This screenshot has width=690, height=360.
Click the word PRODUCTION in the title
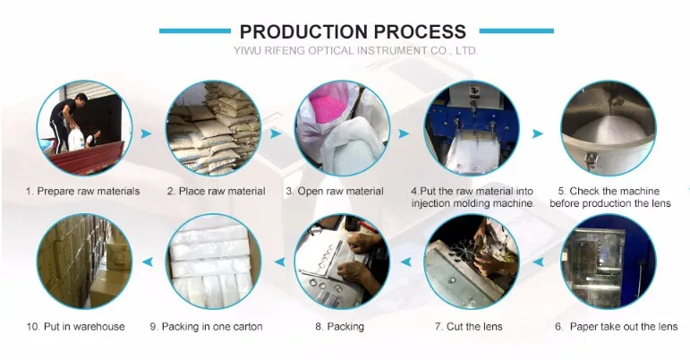pos(304,31)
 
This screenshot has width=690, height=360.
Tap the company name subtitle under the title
pos(355,51)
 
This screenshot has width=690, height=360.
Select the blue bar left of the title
pos(195,30)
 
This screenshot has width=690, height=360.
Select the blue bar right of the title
pos(516,30)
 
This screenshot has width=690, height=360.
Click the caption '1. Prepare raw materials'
pos(82,192)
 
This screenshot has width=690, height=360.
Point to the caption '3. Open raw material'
pos(335,192)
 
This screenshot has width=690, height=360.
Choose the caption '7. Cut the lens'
pos(468,327)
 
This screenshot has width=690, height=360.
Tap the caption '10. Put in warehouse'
pos(75,327)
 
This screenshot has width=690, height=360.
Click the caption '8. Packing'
pos(339,327)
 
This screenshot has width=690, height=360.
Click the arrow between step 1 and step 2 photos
pos(146,133)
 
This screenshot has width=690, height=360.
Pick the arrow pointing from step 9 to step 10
pos(148,261)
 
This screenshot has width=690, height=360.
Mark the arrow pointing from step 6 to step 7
pos(539,261)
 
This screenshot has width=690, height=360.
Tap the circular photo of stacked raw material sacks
pos(213,128)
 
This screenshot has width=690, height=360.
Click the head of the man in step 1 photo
pos(80,99)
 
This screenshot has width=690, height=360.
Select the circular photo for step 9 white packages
pos(213,261)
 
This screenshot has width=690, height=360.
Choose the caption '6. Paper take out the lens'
pos(616,327)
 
